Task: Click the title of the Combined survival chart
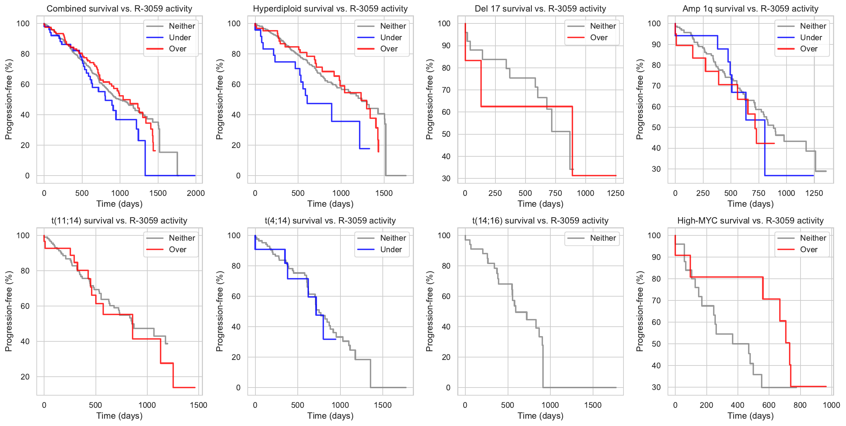(x=119, y=9)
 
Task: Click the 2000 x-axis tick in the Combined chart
(x=196, y=193)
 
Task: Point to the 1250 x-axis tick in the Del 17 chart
(x=615, y=193)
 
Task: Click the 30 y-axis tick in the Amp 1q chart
(x=656, y=169)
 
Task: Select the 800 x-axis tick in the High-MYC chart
(x=800, y=405)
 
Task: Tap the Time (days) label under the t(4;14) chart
(x=330, y=416)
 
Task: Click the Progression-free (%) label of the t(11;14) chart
(x=9, y=311)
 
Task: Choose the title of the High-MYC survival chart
(x=750, y=221)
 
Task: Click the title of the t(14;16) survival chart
(x=540, y=221)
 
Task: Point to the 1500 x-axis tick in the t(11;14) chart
(x=198, y=405)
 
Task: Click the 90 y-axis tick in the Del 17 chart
(x=446, y=46)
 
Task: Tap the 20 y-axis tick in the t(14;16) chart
(x=446, y=357)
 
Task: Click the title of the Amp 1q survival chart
(x=750, y=9)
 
